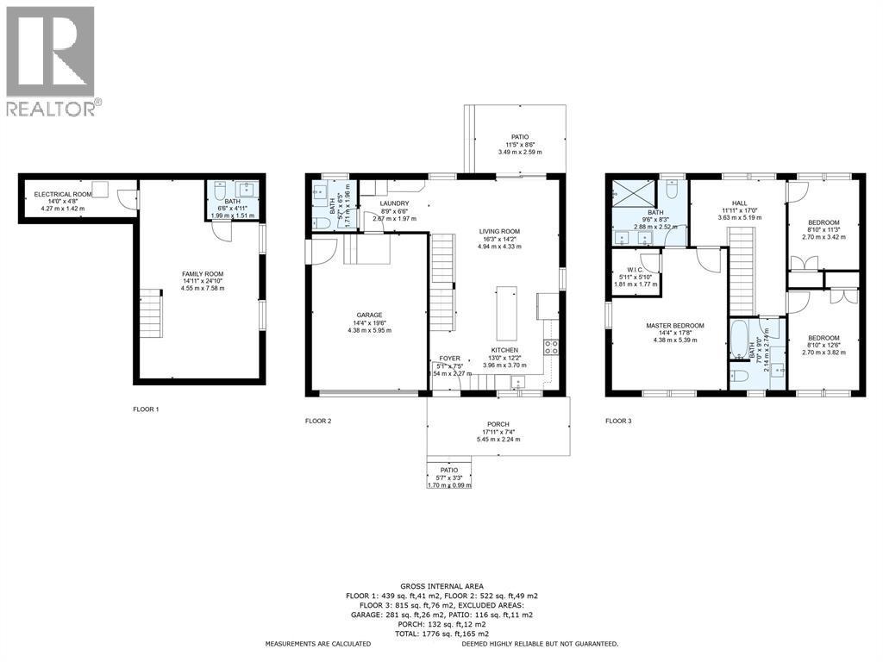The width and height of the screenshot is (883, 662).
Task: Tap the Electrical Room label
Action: pos(57,195)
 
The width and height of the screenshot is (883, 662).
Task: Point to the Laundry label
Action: pos(394,204)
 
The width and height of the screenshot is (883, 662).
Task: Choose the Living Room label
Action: pos(500,232)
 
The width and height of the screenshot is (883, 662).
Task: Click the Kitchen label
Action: pos(504,350)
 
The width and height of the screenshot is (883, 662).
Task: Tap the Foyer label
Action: pos(449,358)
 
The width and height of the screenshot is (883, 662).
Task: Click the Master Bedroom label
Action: pos(675,326)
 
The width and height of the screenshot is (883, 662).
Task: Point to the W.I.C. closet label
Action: pos(636,269)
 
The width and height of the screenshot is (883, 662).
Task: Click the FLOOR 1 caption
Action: pos(146,409)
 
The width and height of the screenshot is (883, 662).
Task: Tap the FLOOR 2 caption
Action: pos(318,422)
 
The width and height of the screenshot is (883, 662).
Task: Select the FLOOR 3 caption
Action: pos(618,422)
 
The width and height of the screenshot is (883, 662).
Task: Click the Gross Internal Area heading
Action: pos(441,584)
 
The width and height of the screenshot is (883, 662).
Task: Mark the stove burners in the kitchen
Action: pos(551,348)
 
